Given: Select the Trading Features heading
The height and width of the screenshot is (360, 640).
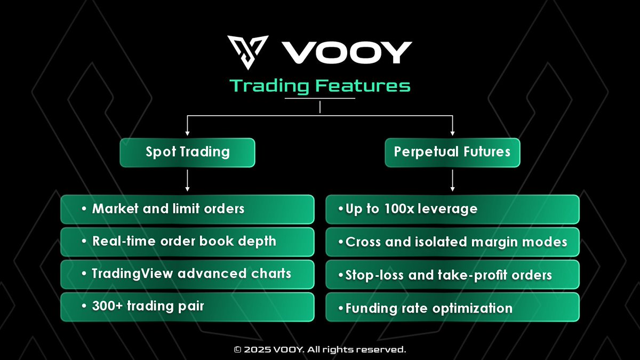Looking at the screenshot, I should [x=320, y=85].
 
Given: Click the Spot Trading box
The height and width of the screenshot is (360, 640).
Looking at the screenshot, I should [x=187, y=153].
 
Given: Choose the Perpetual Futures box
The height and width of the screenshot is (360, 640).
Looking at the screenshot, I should [x=452, y=153].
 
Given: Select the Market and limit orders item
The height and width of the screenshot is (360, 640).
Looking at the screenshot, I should [x=187, y=209].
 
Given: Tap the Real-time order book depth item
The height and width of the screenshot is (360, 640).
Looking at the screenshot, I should [x=187, y=242].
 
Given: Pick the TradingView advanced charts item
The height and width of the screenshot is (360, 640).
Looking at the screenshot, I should [x=187, y=274].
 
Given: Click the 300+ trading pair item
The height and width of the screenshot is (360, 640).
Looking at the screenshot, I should [x=187, y=307].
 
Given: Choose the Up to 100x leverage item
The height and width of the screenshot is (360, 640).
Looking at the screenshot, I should [x=452, y=209].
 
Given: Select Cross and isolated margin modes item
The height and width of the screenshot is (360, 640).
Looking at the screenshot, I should [x=452, y=242].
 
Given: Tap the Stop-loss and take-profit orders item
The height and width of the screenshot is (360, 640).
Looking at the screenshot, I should [x=452, y=275].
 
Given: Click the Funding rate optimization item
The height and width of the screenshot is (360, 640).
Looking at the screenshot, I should [x=452, y=308].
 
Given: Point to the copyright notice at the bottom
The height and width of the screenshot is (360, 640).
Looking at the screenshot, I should [x=320, y=350].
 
